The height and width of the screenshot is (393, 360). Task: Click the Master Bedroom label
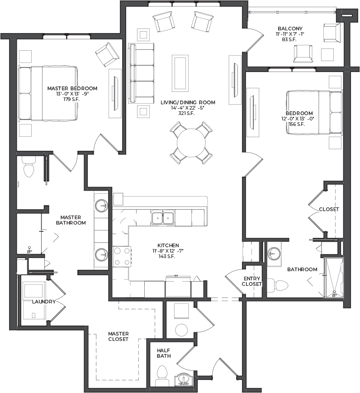pyautogui.click(x=72, y=88)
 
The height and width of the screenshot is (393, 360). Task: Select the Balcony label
pyautogui.click(x=290, y=29)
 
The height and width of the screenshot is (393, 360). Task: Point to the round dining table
pyautogui.click(x=191, y=143)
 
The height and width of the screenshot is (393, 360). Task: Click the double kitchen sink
pyautogui.click(x=163, y=218)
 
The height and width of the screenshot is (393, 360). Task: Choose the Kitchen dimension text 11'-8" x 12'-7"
pyautogui.click(x=168, y=251)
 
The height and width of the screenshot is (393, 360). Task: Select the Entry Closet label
pyautogui.click(x=252, y=281)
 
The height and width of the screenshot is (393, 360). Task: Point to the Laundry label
pyautogui.click(x=44, y=302)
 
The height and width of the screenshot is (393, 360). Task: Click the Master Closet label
pyautogui.click(x=118, y=336)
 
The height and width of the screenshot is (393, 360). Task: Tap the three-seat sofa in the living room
pyautogui.click(x=141, y=73)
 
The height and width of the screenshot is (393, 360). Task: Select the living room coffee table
pyautogui.click(x=180, y=73)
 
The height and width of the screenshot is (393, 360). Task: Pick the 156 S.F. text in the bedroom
pyautogui.click(x=297, y=124)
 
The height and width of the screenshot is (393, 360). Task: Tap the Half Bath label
pyautogui.click(x=164, y=353)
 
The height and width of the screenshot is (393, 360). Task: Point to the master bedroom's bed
pyautogui.click(x=48, y=93)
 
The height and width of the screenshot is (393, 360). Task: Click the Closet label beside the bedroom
pyautogui.click(x=329, y=209)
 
